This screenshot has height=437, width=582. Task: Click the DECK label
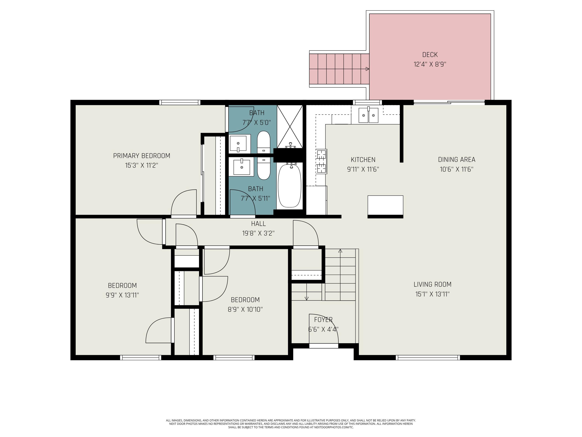(x=430, y=55)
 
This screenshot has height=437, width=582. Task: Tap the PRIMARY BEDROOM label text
(x=142, y=156)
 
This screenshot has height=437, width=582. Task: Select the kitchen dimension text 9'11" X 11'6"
(x=363, y=169)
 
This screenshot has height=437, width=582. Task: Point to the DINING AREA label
(x=456, y=160)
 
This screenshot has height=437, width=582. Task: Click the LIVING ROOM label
(x=433, y=285)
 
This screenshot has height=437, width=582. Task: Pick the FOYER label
(x=323, y=320)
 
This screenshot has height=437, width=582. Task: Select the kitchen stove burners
(x=321, y=161)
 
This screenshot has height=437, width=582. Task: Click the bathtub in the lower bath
(x=289, y=186)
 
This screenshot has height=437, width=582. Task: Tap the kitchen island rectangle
(x=385, y=205)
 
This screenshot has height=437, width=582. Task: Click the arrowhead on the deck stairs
(x=367, y=69)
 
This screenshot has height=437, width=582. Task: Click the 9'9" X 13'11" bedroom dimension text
(x=122, y=295)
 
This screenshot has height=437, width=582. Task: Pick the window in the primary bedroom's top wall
(x=180, y=103)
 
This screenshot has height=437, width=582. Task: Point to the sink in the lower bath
(x=241, y=167)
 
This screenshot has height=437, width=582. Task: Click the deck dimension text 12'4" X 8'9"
(x=430, y=64)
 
